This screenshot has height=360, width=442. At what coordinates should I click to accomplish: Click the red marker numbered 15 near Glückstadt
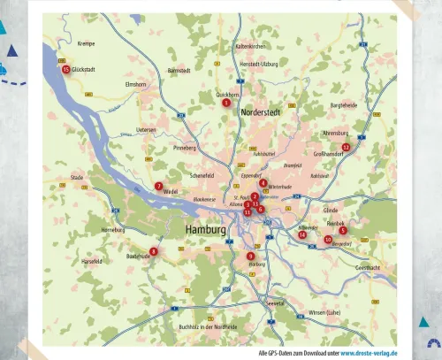coord(65,69)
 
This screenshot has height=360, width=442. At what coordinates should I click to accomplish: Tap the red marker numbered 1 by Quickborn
coord(226,103)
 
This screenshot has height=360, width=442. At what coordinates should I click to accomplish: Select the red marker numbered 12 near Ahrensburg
coord(346,147)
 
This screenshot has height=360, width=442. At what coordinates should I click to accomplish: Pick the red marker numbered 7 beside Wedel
coord(158,186)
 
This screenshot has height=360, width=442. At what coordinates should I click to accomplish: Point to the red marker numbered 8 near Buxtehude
coord(153,251)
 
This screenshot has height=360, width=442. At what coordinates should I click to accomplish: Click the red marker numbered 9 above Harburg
coord(251,256)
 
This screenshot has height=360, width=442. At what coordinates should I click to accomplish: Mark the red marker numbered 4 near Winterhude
coord(263,183)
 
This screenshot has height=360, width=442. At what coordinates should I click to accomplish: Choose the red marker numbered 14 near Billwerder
coord(302,234)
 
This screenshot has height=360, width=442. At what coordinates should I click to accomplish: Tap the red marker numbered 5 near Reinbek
coord(342,230)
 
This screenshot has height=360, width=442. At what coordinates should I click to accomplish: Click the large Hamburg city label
coord(206,229)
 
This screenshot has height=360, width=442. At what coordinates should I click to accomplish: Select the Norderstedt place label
coord(260,112)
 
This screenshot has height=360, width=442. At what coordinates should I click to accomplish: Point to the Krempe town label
coord(86,43)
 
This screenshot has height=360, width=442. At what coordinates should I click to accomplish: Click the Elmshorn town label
coord(135,84)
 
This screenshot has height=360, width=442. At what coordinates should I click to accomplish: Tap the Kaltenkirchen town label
coord(250,46)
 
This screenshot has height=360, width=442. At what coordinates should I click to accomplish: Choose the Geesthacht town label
coord(368,266)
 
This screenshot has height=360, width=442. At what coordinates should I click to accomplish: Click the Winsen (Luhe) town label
coord(324,312)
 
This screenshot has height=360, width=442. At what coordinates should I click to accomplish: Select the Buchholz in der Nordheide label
coord(208,326)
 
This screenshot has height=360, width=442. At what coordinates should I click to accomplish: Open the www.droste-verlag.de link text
coord(369,352)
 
